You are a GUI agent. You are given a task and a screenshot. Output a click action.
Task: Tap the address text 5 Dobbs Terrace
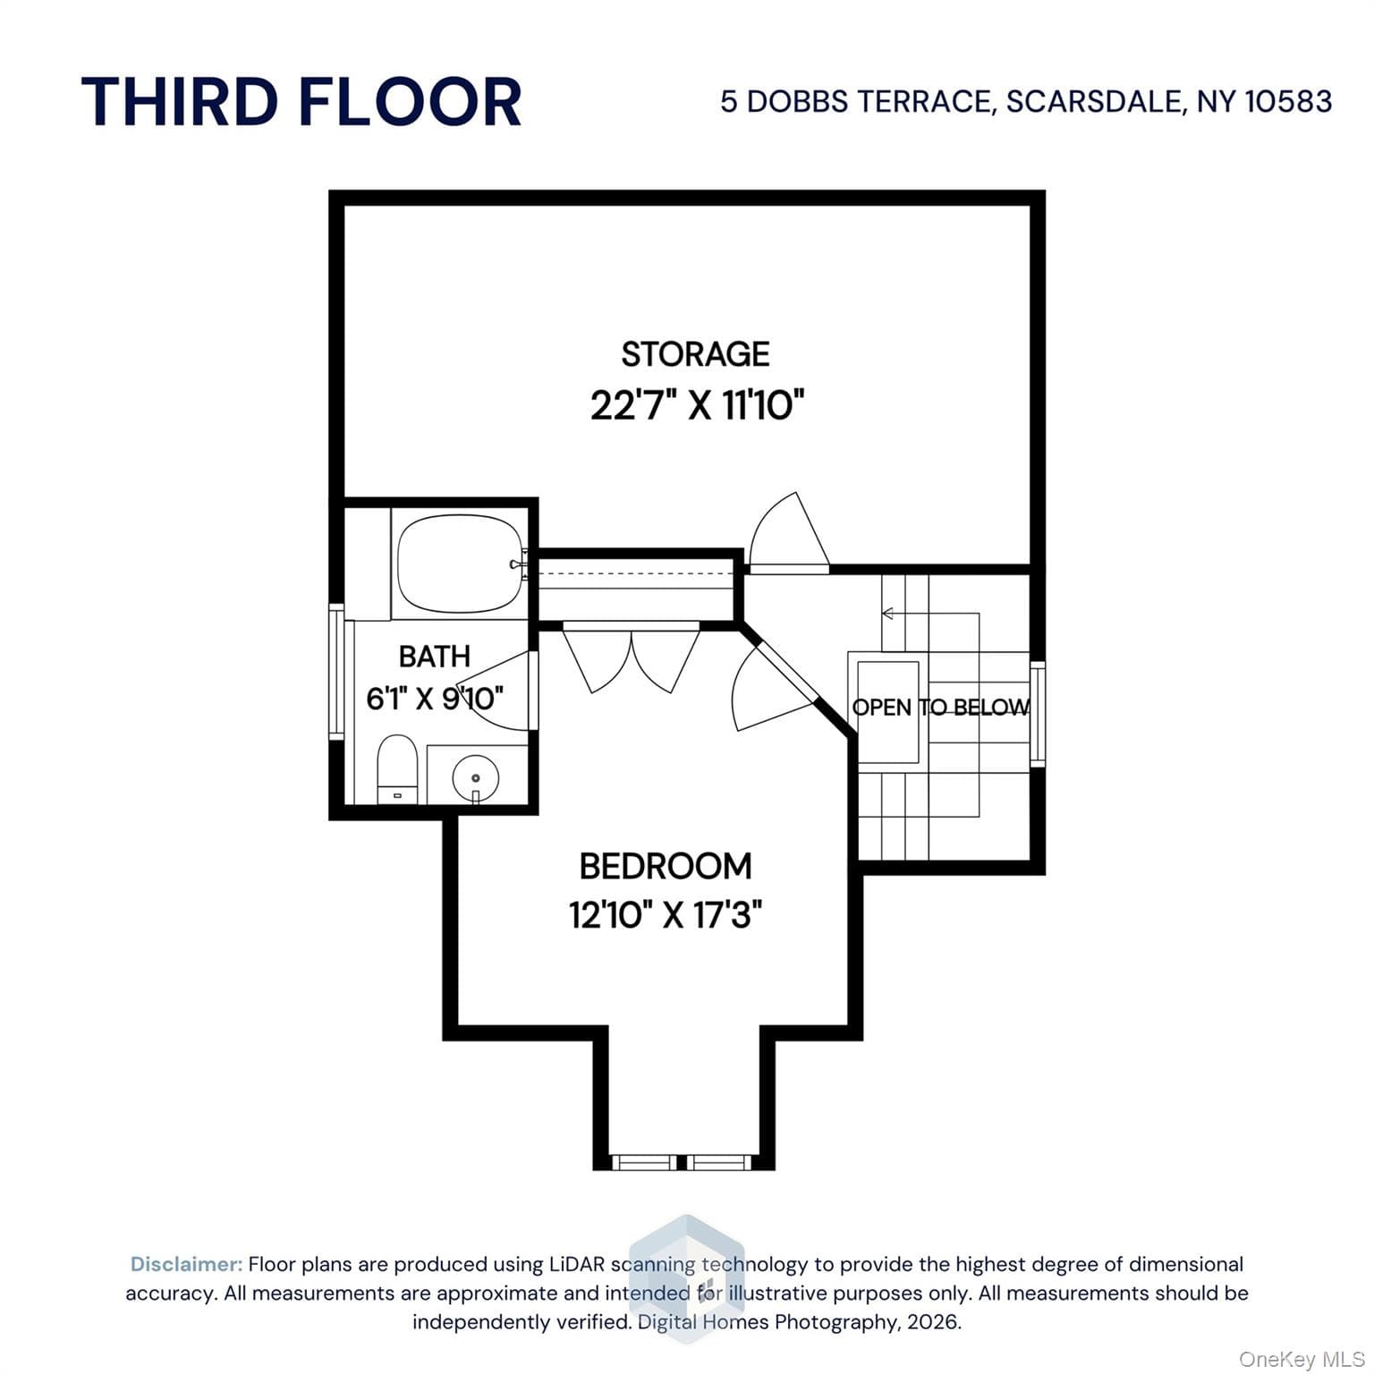pyautogui.click(x=857, y=101)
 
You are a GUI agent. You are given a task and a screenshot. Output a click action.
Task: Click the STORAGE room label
pyautogui.click(x=695, y=354)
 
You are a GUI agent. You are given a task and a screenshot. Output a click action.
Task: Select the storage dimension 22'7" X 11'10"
pyautogui.click(x=697, y=405)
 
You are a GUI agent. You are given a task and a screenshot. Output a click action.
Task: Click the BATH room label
pyautogui.click(x=434, y=657)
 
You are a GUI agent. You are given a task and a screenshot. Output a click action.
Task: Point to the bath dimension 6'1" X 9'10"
pyautogui.click(x=435, y=698)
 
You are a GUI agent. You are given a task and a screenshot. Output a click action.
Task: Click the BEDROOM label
pyautogui.click(x=666, y=866)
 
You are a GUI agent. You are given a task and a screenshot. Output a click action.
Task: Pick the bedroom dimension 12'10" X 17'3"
pyautogui.click(x=666, y=915)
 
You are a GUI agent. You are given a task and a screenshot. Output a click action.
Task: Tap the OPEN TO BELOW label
pyautogui.click(x=941, y=708)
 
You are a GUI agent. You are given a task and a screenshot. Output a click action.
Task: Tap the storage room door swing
pyautogui.click(x=788, y=531)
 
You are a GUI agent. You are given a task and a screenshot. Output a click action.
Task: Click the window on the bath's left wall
pyautogui.click(x=336, y=671)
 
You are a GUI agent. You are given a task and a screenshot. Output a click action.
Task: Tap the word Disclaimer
pyautogui.click(x=186, y=1264)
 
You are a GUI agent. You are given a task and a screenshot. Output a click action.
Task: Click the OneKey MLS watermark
pyautogui.click(x=1302, y=1360)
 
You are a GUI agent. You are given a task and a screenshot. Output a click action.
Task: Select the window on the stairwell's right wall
pyautogui.click(x=1038, y=713)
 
